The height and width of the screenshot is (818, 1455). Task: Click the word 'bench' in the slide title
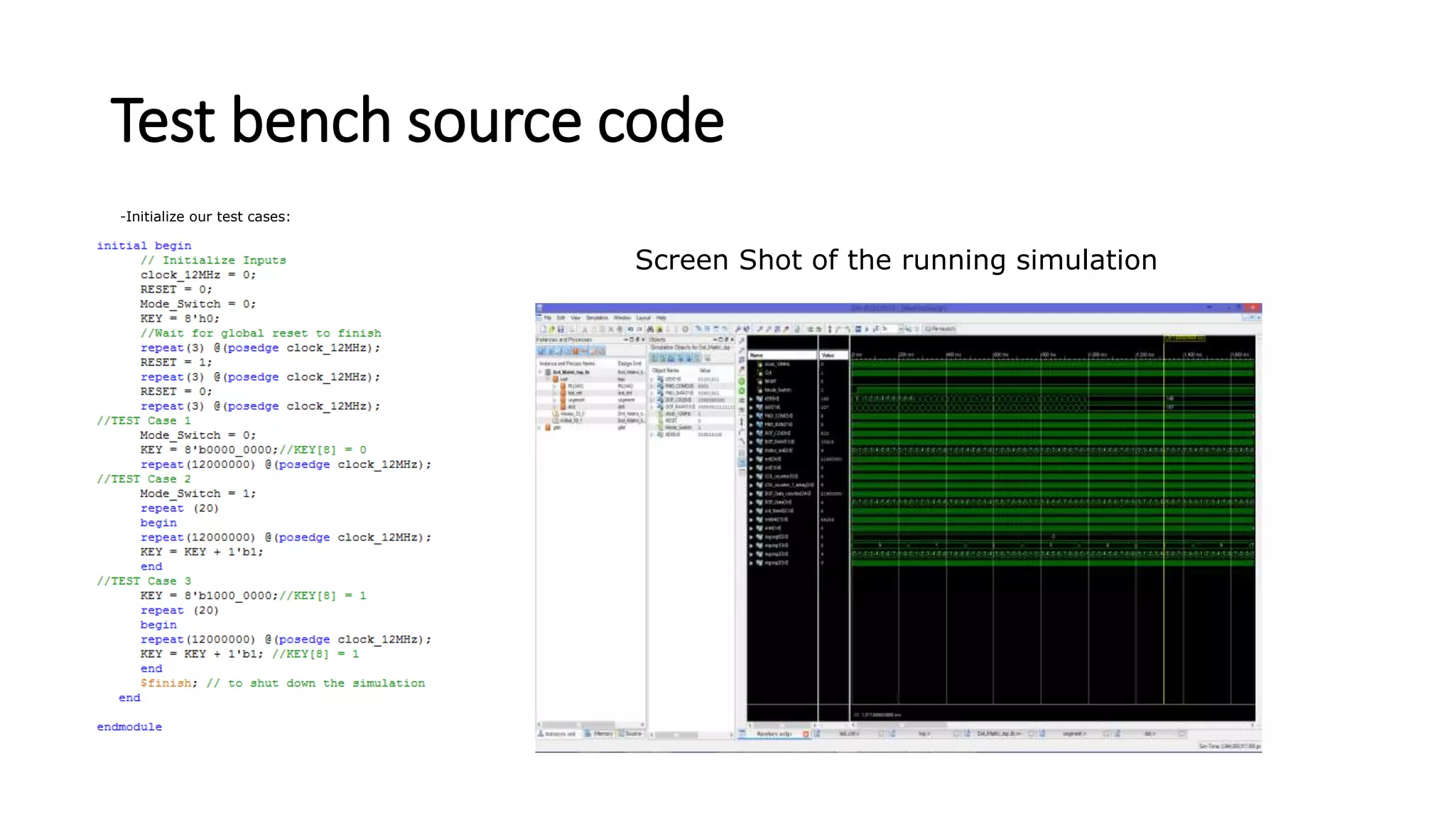pyautogui.click(x=311, y=121)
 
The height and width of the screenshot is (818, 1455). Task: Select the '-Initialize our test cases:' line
pyautogui.click(x=205, y=217)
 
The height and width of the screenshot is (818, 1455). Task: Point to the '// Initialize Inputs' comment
pyautogui.click(x=213, y=261)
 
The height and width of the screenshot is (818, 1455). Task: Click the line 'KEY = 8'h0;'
pyautogui.click(x=180, y=319)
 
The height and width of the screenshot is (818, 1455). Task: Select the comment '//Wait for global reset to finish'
pyautogui.click(x=261, y=333)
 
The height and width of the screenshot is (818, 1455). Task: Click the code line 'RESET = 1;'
pyautogui.click(x=175, y=362)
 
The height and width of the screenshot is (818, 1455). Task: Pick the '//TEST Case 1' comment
pyautogui.click(x=144, y=420)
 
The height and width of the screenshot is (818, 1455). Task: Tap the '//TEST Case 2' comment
pyautogui.click(x=144, y=479)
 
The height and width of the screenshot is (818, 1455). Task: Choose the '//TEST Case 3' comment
pyautogui.click(x=144, y=581)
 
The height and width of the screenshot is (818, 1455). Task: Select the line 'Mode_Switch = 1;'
pyautogui.click(x=198, y=493)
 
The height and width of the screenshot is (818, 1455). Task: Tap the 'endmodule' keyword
pyautogui.click(x=129, y=727)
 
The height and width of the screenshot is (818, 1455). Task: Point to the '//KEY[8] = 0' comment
pyautogui.click(x=323, y=449)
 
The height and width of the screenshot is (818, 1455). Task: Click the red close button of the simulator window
pyautogui.click(x=1254, y=308)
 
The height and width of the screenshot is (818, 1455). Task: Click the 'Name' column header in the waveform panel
pyautogui.click(x=757, y=355)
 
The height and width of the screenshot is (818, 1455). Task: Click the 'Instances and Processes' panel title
pyautogui.click(x=564, y=340)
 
